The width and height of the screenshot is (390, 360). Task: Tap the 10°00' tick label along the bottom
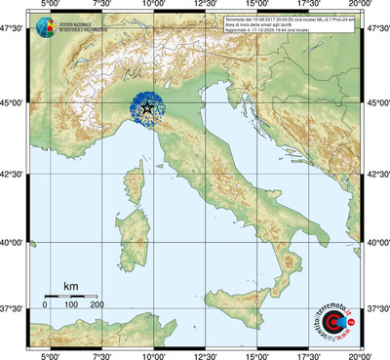(x=152, y=354)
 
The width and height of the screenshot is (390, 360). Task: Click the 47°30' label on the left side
(x=13, y=31)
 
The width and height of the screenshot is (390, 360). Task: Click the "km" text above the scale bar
(x=70, y=286)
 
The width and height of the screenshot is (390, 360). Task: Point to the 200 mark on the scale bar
(x=97, y=305)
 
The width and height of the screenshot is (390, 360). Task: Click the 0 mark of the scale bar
(x=45, y=305)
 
